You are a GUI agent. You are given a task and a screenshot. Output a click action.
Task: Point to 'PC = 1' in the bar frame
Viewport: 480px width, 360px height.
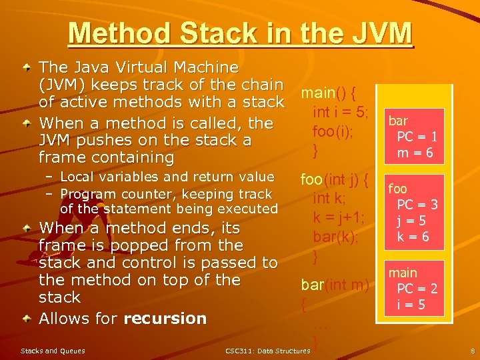pos(417,137)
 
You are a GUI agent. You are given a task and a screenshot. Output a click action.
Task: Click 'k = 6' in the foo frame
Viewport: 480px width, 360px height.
pos(413,237)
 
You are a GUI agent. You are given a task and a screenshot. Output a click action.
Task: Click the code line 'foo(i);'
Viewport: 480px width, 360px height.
pos(333,131)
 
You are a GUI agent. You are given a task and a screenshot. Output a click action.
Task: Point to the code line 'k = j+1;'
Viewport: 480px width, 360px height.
pos(338,217)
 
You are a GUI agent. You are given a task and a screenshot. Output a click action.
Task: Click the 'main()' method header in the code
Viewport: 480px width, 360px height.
pos(327,91)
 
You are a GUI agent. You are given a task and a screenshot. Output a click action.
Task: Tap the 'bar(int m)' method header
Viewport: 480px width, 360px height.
pos(335,285)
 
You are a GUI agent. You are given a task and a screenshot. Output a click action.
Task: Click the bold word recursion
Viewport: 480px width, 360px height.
pos(165,319)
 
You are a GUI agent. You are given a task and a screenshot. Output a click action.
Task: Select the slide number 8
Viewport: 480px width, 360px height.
pos(472,350)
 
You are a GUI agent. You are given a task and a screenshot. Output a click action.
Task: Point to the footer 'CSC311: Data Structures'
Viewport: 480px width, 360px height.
pos(267,351)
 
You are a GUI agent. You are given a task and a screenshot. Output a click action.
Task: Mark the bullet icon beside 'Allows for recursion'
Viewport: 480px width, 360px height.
pos(25,319)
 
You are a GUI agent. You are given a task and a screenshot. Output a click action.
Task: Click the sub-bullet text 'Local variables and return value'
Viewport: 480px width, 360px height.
pos(167,177)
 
